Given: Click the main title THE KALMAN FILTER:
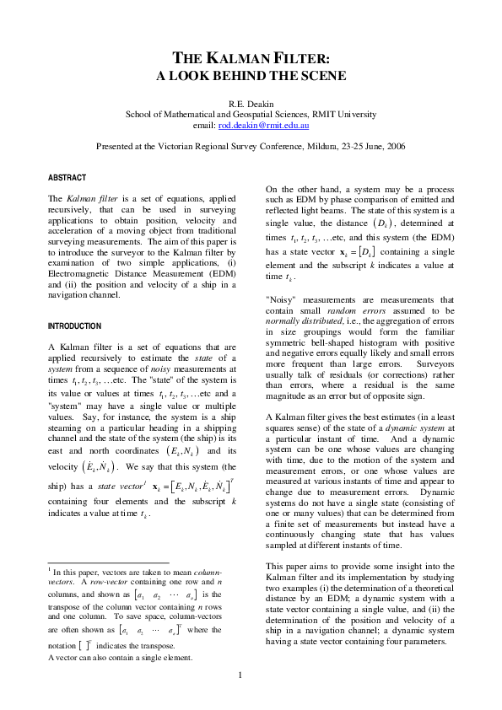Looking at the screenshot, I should click(251, 58).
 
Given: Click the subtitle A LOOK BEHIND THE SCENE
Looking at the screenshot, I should click(251, 76).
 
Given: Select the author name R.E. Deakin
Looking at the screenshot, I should click(251, 104).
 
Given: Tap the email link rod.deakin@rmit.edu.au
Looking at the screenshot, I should click(263, 125).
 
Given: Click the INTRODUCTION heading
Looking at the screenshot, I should click(74, 325).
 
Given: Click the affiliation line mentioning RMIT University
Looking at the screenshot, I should click(251, 114).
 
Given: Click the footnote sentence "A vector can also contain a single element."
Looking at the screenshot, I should click(121, 657).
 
